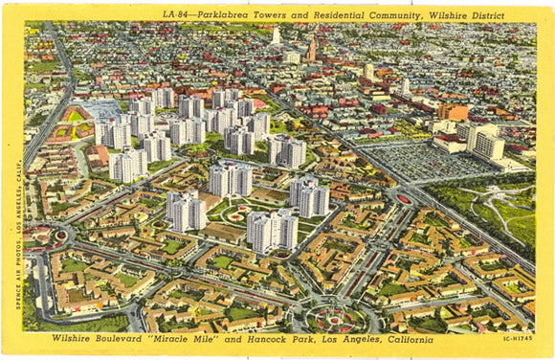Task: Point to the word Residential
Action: tap(338, 13)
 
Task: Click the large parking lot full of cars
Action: tap(421, 159)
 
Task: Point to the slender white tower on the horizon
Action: tap(276, 34)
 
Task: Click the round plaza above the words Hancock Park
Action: tap(333, 317)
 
